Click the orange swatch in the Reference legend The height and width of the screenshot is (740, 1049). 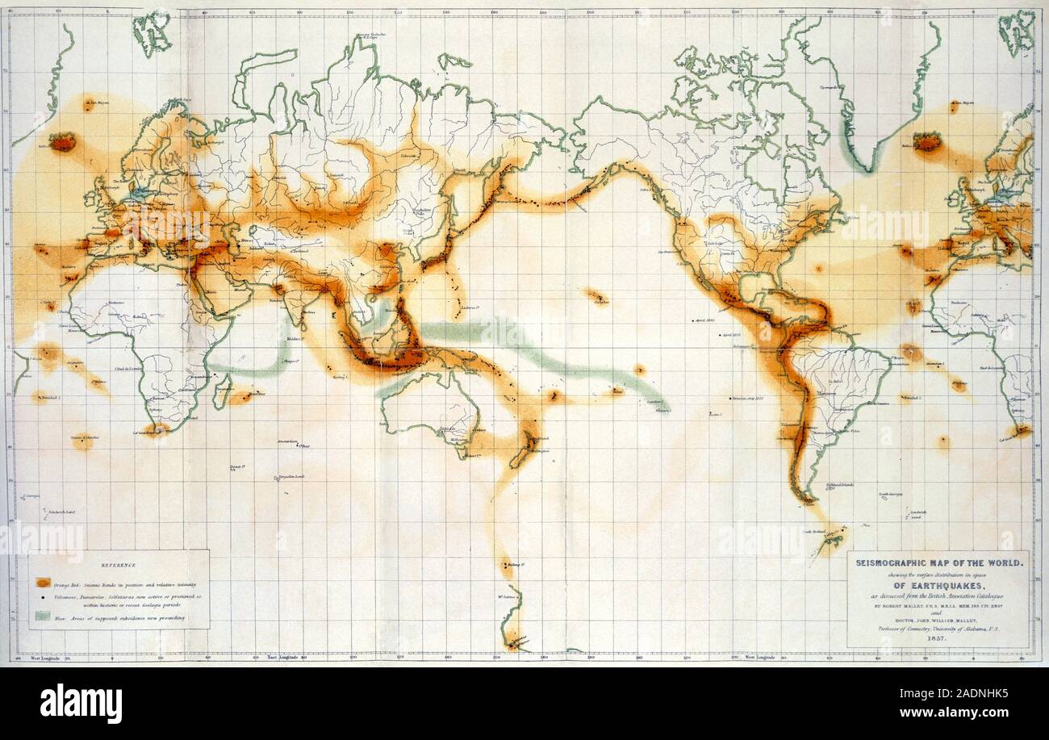[43, 582]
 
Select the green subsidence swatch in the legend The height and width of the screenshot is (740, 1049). [43, 617]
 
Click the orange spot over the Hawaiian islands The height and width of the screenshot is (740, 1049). [598, 297]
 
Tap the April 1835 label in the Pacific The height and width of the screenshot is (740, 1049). [703, 320]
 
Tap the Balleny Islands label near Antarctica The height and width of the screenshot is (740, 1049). [514, 566]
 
